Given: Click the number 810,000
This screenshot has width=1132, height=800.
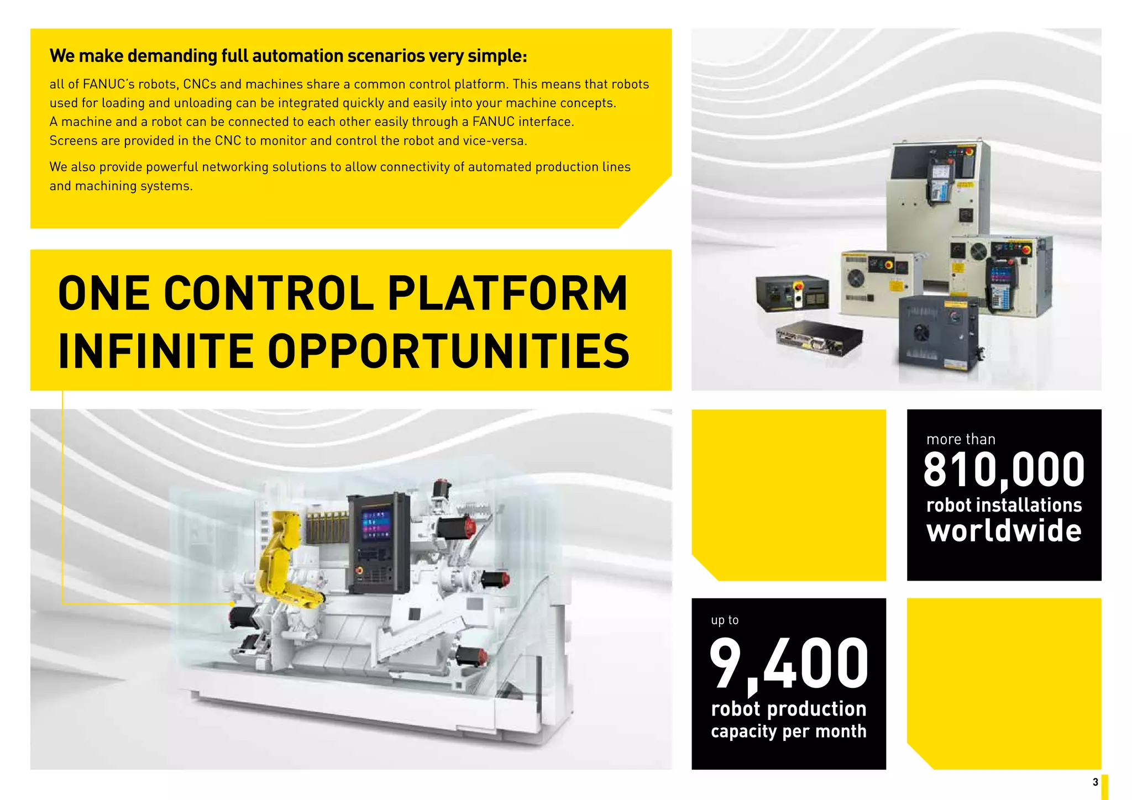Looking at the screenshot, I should point(1004,470).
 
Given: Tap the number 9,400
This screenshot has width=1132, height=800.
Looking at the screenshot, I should point(789,664).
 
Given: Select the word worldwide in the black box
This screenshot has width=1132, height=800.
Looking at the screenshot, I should point(1004,531).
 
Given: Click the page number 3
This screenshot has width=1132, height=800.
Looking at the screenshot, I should point(1095,782).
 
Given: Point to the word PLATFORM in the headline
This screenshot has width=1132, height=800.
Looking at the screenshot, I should point(507,293).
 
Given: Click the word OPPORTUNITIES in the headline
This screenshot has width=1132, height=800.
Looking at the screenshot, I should point(449,351).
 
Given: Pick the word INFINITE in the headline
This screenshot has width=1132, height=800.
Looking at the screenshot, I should point(156,351).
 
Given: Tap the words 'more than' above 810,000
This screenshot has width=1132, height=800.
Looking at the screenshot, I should point(961,439).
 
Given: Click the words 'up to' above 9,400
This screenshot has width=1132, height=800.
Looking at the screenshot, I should point(725,620).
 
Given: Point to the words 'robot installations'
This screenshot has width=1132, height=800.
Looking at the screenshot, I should point(1004,505).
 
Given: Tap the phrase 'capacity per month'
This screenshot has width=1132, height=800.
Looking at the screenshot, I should point(789,731).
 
